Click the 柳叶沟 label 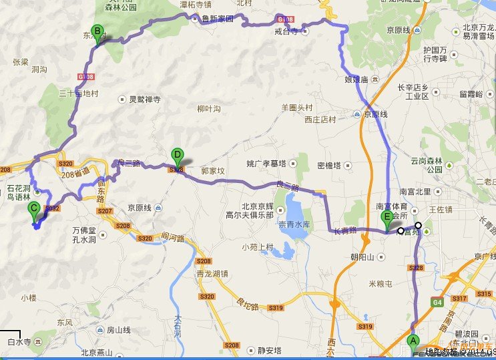[x=209, y=109]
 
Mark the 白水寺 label [x=19, y=342]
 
